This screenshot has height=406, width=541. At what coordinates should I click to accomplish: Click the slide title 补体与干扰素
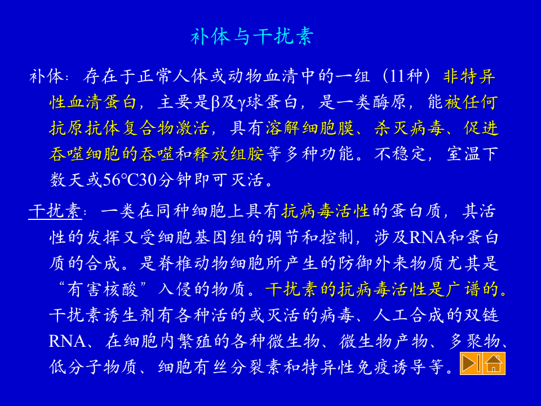[x=252, y=37]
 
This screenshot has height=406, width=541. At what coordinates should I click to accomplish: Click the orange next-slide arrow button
[x=471, y=364]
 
